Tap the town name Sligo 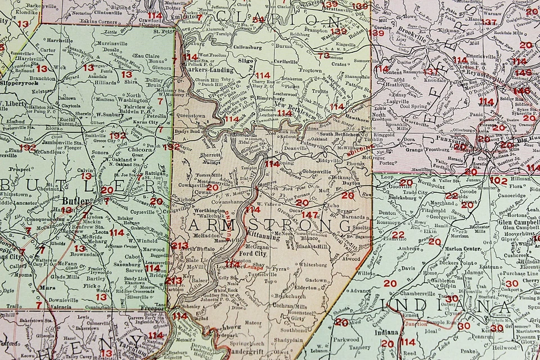(246, 58)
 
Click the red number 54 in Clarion (258, 20)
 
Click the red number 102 (498, 181)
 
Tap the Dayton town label (351, 183)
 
